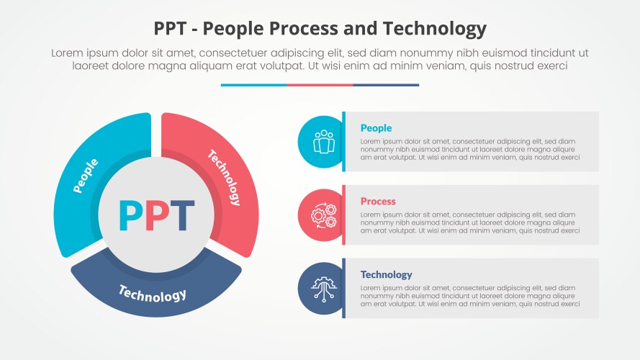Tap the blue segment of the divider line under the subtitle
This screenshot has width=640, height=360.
tap(253, 85)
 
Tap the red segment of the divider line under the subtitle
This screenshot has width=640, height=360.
tap(320, 85)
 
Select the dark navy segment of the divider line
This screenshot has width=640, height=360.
tap(386, 85)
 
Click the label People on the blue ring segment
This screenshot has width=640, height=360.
tap(86, 176)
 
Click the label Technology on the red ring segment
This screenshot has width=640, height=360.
tap(225, 177)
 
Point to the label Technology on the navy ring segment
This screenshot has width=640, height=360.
tap(153, 294)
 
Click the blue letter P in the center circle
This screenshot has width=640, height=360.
tap(130, 215)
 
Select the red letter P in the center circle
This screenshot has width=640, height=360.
tap(156, 215)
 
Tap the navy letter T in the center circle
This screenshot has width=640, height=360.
tap(182, 215)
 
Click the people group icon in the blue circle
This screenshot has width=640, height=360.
tap(323, 141)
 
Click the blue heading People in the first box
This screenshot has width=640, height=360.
tap(376, 128)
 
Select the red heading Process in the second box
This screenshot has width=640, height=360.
tap(378, 202)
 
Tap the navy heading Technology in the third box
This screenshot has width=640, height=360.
tap(386, 274)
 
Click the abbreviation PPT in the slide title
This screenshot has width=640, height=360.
tap(171, 29)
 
